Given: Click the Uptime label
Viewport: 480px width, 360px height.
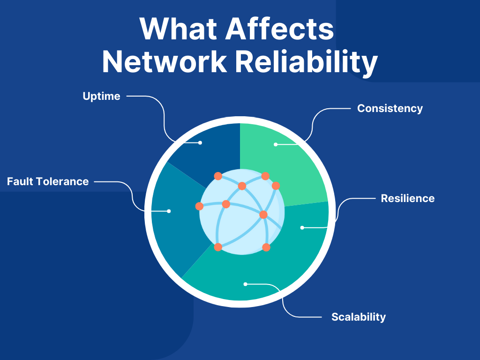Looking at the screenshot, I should tap(101, 97).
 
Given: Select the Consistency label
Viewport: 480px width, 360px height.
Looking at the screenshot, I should tap(390, 108).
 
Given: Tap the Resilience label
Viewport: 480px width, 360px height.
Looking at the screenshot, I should tap(407, 198).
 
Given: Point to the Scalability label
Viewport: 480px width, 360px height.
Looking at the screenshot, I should tap(358, 317).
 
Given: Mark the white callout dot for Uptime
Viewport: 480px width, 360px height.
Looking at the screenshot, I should tap(200, 142).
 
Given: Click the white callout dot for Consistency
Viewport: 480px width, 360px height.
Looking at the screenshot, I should tap(276, 144).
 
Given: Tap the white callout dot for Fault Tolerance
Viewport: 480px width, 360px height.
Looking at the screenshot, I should tap(169, 211).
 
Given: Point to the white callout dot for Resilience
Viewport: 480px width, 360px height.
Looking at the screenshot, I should tap(302, 227).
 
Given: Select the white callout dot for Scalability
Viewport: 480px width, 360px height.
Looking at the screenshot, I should tap(245, 284).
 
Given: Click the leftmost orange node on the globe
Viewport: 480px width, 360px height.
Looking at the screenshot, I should tap(199, 206).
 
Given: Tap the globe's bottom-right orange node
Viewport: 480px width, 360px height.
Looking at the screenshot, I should tap(266, 247).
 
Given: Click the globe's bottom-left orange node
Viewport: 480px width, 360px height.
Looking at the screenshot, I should tap(218, 247).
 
